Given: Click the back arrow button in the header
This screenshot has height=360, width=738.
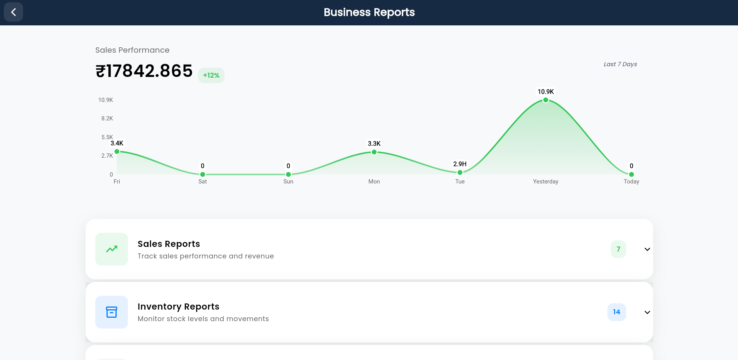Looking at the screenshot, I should pyautogui.click(x=13, y=12).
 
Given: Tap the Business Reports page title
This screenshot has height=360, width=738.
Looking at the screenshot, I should pyautogui.click(x=369, y=12).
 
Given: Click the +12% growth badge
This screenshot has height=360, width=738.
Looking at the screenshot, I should pyautogui.click(x=211, y=75).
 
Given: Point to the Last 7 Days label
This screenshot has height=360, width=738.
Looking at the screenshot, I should pyautogui.click(x=620, y=64).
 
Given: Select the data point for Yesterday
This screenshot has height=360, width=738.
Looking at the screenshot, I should pyautogui.click(x=546, y=100).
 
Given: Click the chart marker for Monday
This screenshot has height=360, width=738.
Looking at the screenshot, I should pyautogui.click(x=374, y=152).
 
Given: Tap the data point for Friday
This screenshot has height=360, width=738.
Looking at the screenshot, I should pyautogui.click(x=117, y=152).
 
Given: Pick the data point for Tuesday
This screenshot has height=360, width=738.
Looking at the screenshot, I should pyautogui.click(x=460, y=172).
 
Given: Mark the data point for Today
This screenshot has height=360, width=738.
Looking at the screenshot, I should pyautogui.click(x=631, y=174).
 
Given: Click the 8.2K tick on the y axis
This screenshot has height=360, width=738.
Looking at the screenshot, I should pyautogui.click(x=107, y=118).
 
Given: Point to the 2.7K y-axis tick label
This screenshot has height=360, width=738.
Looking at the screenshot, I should pyautogui.click(x=107, y=156).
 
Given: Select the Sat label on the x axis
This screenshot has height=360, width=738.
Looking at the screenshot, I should pyautogui.click(x=202, y=182).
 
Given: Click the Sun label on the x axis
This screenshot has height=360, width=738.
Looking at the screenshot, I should pyautogui.click(x=288, y=182).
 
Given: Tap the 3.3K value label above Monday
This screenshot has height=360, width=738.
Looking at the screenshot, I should pyautogui.click(x=374, y=143).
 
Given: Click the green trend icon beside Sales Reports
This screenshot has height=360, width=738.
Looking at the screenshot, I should pyautogui.click(x=112, y=249).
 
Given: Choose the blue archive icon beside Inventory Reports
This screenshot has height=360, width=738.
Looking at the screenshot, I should pyautogui.click(x=112, y=312).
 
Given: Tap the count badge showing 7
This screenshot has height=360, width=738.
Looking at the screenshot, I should pyautogui.click(x=618, y=249).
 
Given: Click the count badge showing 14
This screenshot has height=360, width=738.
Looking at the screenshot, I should pyautogui.click(x=616, y=312).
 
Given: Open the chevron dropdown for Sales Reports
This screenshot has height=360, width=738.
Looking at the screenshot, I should pyautogui.click(x=647, y=249).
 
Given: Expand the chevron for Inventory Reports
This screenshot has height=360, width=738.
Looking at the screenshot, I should pyautogui.click(x=647, y=312).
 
